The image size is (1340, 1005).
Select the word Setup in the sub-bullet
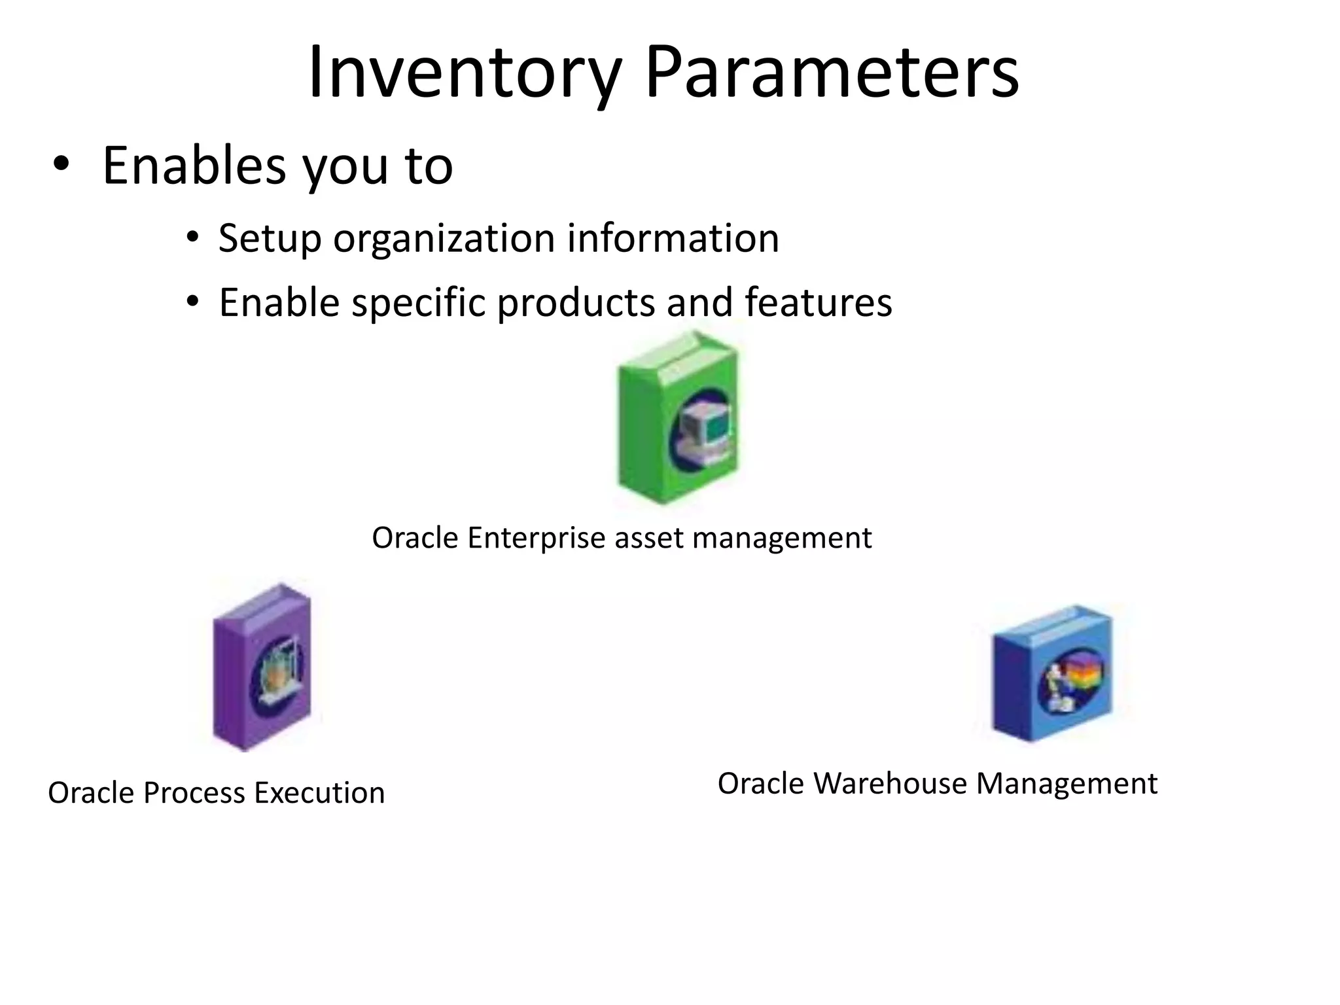[x=270, y=238]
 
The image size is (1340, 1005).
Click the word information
[x=673, y=238]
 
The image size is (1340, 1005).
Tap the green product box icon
[x=677, y=419]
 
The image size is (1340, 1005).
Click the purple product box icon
[x=262, y=667]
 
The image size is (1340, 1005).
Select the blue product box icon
[x=1051, y=674]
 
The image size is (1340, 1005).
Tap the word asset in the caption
[x=648, y=538]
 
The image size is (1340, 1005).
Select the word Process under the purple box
[x=194, y=793]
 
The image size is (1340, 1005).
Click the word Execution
[x=319, y=793]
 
